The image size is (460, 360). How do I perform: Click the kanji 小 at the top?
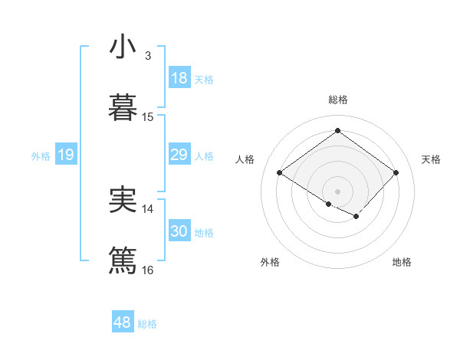tap(123, 47)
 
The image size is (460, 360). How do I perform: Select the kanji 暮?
tap(123, 106)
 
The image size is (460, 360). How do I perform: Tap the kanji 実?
tap(123, 200)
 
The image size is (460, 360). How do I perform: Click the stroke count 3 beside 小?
tap(148, 56)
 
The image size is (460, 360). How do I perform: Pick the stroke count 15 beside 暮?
tap(148, 117)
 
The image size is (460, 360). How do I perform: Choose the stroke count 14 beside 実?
tap(148, 208)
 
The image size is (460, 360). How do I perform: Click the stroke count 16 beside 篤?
tap(148, 270)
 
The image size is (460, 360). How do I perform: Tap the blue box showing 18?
tap(179, 78)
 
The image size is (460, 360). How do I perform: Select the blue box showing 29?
tap(179, 155)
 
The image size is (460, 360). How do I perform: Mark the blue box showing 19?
tap(66, 155)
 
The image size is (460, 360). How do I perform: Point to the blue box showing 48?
tap(123, 322)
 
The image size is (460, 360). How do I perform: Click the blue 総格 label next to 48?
tap(148, 324)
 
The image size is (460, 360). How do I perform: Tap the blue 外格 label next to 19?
tap(41, 156)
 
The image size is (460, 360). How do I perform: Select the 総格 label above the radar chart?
tap(338, 100)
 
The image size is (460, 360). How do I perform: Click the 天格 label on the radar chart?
tap(431, 159)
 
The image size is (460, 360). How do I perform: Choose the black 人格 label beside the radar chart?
tap(245, 159)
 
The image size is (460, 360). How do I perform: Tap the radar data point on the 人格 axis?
tap(280, 173)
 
